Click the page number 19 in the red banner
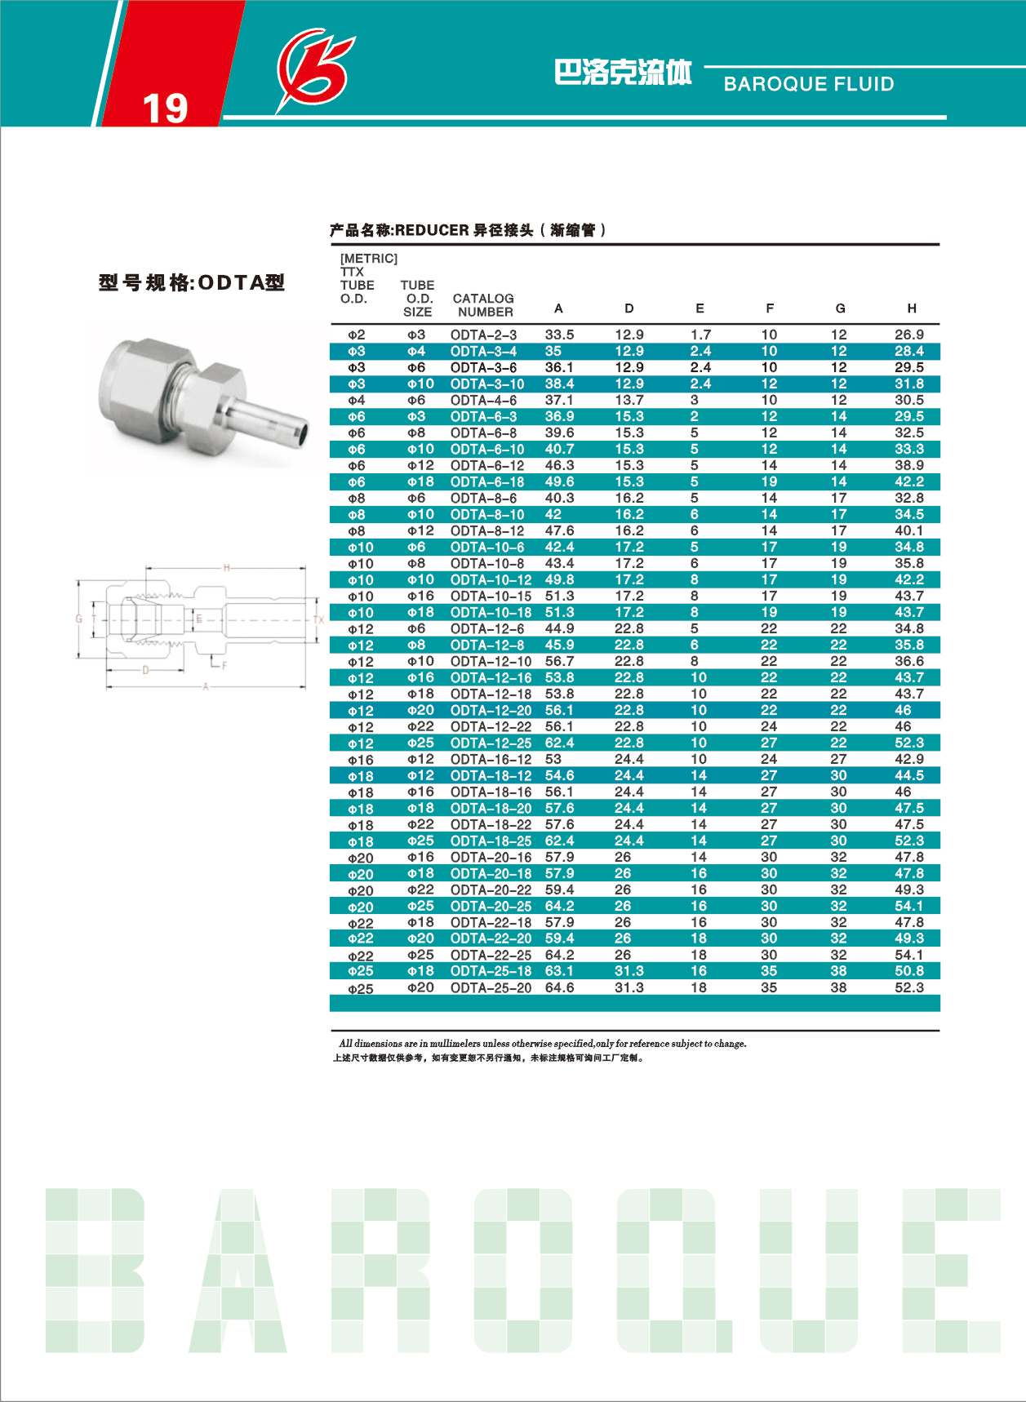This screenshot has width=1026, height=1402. click(x=165, y=109)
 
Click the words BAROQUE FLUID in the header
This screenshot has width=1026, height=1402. click(x=809, y=84)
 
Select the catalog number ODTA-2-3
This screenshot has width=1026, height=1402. click(x=483, y=335)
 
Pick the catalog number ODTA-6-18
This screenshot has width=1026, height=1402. click(x=487, y=481)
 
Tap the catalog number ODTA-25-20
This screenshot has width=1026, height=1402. click(x=491, y=987)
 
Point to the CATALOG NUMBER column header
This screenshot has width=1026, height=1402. click(x=484, y=305)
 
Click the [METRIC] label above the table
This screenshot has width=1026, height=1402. click(x=369, y=259)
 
